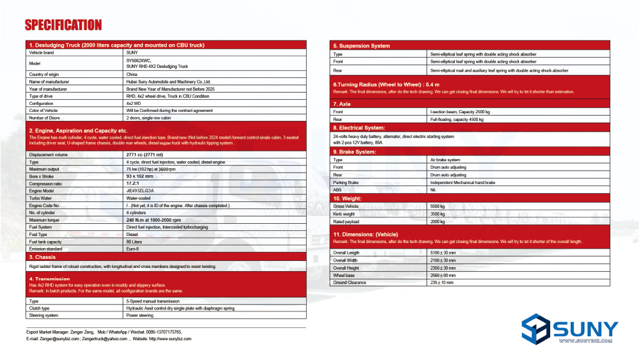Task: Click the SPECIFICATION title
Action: [63, 25]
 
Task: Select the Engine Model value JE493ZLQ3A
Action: [140, 191]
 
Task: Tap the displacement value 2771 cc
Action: [144, 155]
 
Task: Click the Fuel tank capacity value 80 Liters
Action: [134, 242]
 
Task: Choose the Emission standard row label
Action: [45, 249]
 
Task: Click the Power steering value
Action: [139, 315]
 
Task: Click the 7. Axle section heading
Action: [342, 104]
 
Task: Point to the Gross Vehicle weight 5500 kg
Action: [438, 207]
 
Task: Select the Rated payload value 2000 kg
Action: [438, 221]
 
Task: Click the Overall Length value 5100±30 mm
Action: [443, 253]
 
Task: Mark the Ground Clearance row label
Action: [349, 282]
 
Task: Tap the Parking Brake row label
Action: [345, 182]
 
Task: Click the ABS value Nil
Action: [433, 190]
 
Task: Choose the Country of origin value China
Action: [132, 75]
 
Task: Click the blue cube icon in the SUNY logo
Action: [535, 330]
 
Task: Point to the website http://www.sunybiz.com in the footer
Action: [170, 339]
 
